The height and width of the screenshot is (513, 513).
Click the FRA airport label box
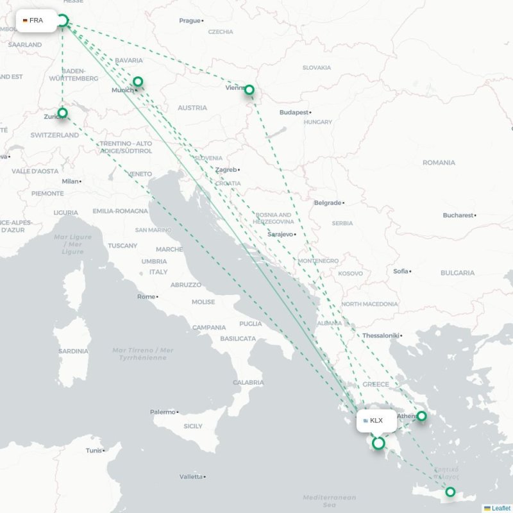(x=36, y=21)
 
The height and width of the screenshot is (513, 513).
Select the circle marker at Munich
(x=137, y=81)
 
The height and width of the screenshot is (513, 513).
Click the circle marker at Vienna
(x=249, y=90)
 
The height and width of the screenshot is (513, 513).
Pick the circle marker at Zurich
(x=62, y=113)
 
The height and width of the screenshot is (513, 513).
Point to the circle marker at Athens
(x=421, y=416)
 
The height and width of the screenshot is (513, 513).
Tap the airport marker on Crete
(x=450, y=492)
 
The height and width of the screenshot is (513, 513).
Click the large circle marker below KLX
(x=378, y=443)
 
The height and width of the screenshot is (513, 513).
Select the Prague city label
(x=190, y=21)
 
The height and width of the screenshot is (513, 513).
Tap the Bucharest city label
(x=458, y=215)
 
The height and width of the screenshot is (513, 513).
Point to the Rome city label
(x=146, y=296)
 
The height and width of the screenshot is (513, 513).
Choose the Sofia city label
(x=401, y=271)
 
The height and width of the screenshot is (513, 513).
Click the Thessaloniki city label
(x=380, y=335)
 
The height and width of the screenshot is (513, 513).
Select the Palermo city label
(x=162, y=412)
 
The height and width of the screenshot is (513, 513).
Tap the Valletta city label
(x=190, y=476)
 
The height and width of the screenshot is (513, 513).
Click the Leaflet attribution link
(x=501, y=508)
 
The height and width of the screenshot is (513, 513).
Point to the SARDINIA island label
(x=73, y=351)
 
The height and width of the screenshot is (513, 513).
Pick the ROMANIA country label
(x=439, y=163)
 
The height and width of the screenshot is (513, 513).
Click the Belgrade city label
(x=328, y=203)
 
